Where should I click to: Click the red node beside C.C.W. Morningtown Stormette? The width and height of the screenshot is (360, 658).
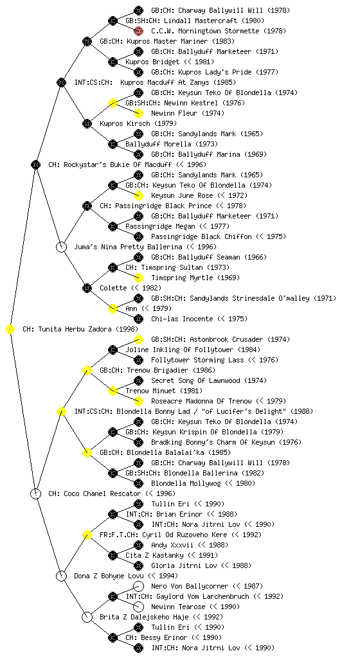(138, 31)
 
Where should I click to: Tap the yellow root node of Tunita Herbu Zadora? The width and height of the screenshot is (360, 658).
(10, 330)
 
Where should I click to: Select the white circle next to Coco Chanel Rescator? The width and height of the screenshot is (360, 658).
(36, 494)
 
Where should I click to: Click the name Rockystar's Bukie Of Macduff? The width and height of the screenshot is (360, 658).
(119, 165)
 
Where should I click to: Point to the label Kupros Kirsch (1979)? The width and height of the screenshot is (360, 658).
(138, 124)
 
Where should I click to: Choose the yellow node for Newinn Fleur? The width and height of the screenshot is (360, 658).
(138, 113)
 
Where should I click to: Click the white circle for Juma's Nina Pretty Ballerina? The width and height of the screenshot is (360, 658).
(62, 247)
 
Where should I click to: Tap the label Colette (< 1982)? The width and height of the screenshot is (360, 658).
(130, 289)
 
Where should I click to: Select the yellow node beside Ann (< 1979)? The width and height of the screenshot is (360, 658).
(113, 309)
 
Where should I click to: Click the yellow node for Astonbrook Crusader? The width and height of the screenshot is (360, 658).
(138, 339)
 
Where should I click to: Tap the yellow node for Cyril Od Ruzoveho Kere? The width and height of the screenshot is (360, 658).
(87, 535)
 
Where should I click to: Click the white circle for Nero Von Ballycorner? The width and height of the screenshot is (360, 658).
(138, 586)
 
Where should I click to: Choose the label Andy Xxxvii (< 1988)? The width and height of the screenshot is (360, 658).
(190, 545)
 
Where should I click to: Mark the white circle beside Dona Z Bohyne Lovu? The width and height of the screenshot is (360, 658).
(62, 576)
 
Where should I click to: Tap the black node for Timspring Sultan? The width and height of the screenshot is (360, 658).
(113, 268)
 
